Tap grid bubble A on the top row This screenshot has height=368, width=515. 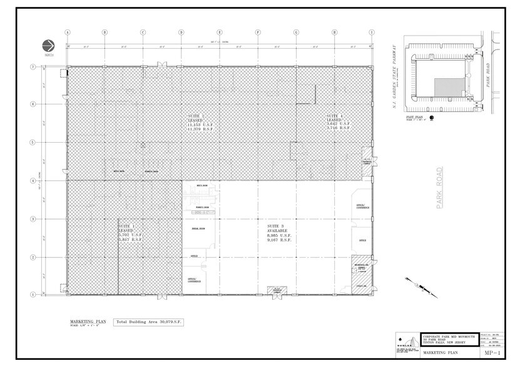(67, 33)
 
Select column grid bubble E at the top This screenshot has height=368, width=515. (220, 33)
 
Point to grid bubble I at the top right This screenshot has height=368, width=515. (372, 33)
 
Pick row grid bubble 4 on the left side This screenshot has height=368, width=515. (33, 181)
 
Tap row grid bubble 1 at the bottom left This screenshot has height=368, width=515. (33, 294)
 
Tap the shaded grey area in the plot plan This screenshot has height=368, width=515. (448, 86)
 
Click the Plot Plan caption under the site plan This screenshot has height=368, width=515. (415, 116)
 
